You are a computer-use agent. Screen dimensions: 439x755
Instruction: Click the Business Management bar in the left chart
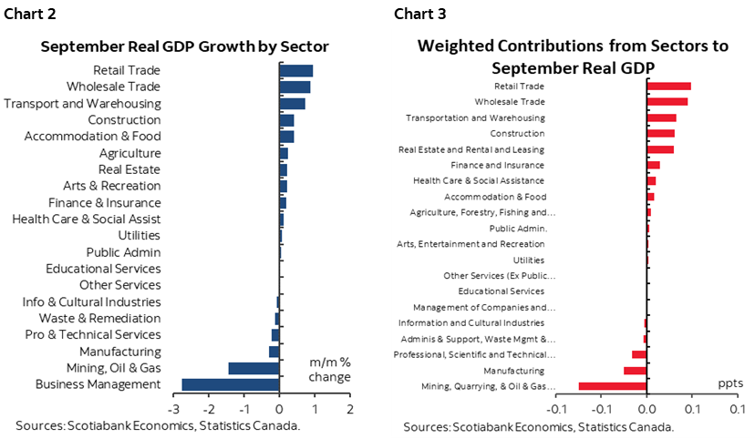(231, 384)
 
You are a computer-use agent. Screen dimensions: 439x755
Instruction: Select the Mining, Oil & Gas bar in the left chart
(253, 368)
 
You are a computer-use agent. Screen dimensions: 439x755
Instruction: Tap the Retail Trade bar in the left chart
(296, 71)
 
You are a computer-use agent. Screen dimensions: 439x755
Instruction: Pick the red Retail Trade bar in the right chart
(668, 86)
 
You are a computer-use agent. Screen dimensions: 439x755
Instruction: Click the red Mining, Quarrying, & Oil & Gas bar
(613, 386)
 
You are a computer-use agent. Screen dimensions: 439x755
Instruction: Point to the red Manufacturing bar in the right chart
(635, 371)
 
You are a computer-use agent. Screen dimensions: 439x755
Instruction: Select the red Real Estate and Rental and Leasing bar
(660, 149)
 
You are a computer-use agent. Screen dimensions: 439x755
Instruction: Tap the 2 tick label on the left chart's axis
(349, 409)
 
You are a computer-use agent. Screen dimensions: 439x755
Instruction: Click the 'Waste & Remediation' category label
(99, 319)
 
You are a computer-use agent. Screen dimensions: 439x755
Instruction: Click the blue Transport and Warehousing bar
(293, 104)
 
